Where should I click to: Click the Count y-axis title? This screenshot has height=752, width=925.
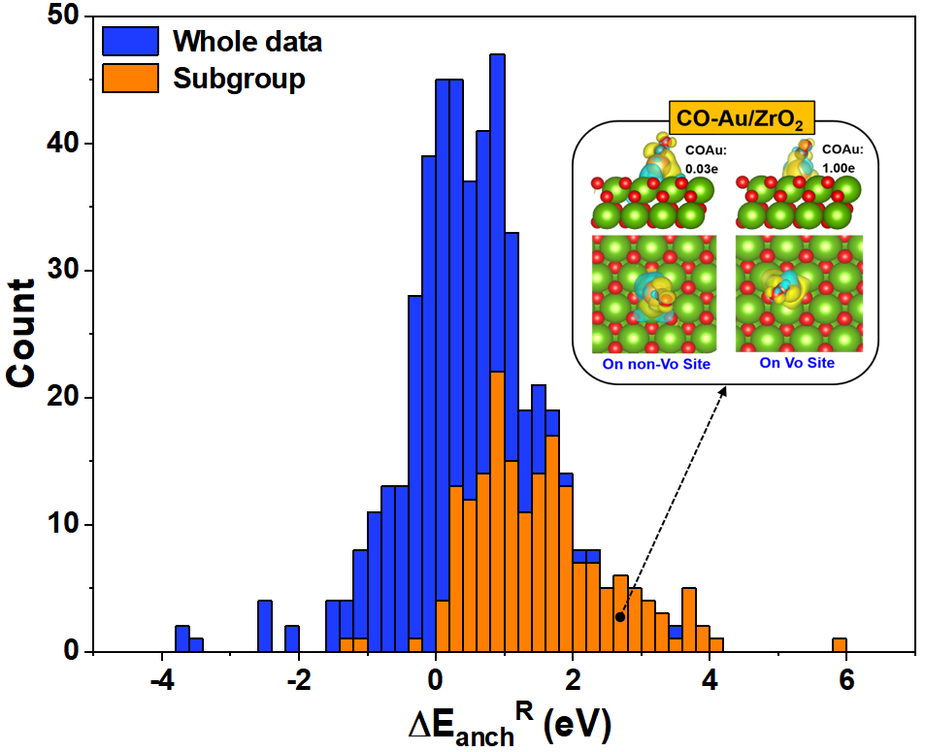coord(25,335)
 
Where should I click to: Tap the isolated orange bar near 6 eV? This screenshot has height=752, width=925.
coord(840,645)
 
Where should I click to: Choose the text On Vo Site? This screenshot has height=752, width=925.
coord(797,363)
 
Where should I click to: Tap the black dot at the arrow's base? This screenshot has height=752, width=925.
coord(620,616)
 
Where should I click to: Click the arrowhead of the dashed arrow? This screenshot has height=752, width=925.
coord(724,389)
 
